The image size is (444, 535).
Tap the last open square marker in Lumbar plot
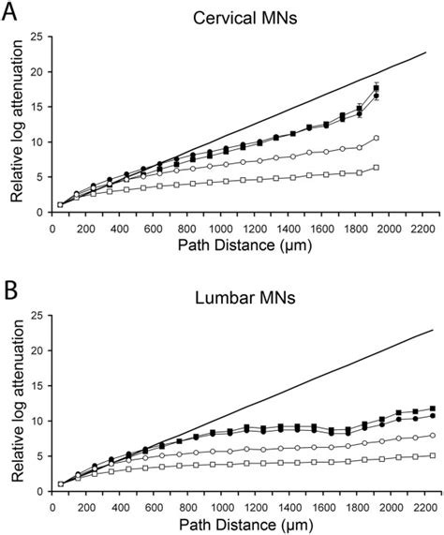coord(432,455)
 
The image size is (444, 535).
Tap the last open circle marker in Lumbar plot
coord(432,435)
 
